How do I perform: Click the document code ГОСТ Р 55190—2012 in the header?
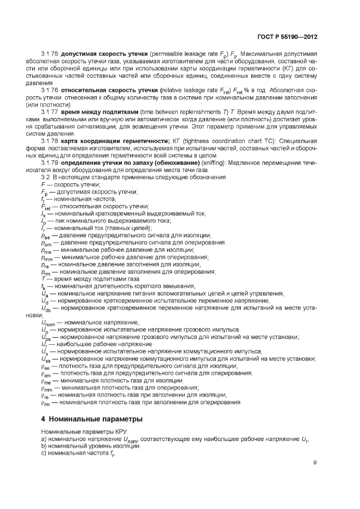pyautogui.click(x=286, y=36)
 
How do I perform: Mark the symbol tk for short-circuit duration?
pyautogui.click(x=44, y=286)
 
